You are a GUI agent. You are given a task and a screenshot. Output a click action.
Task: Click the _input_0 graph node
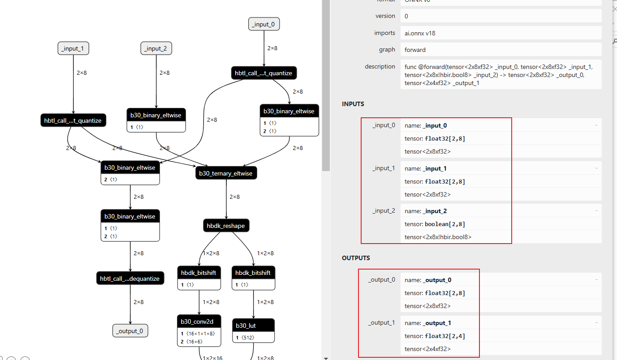(264, 24)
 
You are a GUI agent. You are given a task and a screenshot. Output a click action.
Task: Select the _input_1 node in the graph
(73, 48)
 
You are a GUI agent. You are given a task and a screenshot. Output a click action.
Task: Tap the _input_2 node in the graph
(156, 48)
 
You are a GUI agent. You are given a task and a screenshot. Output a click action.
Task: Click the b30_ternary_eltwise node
(226, 173)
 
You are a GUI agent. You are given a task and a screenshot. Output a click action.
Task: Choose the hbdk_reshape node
(226, 226)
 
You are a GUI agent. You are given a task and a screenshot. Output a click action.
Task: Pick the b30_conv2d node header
(199, 321)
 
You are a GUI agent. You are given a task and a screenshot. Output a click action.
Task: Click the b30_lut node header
(254, 326)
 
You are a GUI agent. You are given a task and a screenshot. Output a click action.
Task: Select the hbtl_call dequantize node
(130, 278)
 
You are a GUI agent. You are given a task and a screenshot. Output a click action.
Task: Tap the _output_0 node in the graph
(130, 331)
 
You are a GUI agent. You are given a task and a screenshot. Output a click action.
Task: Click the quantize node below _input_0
(263, 73)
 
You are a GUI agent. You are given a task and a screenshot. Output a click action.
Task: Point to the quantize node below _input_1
(73, 120)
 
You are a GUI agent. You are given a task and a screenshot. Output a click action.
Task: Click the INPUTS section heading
(353, 104)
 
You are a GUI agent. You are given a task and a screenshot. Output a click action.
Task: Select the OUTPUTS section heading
(356, 258)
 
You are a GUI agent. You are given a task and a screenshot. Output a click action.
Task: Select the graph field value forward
(415, 50)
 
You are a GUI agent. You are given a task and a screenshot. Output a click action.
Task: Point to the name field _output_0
(437, 280)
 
